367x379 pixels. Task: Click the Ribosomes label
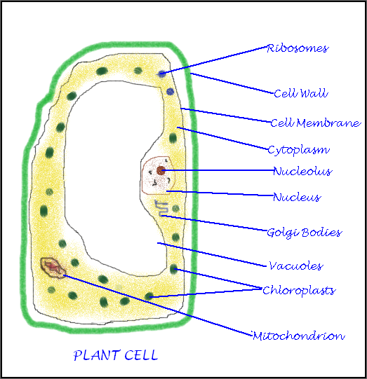pyautogui.click(x=298, y=49)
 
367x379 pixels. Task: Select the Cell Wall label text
pyautogui.click(x=300, y=93)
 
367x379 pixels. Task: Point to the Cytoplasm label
pyautogui.click(x=298, y=150)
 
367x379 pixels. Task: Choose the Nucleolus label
pyautogui.click(x=302, y=172)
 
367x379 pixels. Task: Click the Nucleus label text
pyautogui.click(x=296, y=198)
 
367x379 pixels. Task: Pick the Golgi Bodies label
pyautogui.click(x=304, y=233)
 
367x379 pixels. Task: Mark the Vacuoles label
pyautogui.click(x=295, y=266)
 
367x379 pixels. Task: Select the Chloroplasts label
pyautogui.click(x=298, y=290)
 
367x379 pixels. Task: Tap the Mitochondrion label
pyautogui.click(x=298, y=336)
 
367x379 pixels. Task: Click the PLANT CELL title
pyautogui.click(x=116, y=356)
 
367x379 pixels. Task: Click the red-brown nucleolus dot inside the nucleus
pyautogui.click(x=161, y=170)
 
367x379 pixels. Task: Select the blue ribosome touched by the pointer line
pyautogui.click(x=162, y=74)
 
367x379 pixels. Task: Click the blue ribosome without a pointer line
pyautogui.click(x=170, y=92)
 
